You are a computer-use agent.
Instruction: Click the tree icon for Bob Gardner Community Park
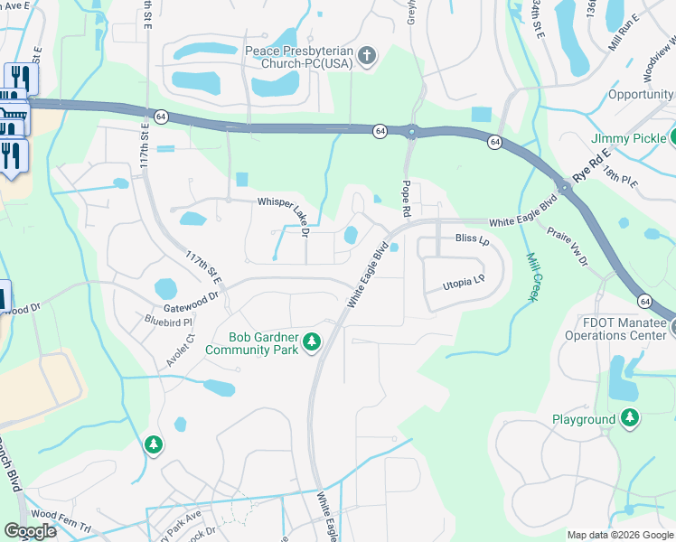tap(312, 341)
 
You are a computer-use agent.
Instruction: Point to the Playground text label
tap(584, 420)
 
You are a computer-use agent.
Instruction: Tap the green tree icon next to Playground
tap(630, 419)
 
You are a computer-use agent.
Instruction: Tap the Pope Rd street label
tap(406, 198)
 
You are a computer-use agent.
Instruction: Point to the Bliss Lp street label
tap(472, 239)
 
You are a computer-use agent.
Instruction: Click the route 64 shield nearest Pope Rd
tap(379, 131)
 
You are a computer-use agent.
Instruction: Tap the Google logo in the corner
tap(31, 530)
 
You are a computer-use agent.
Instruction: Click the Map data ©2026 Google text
tap(619, 534)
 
